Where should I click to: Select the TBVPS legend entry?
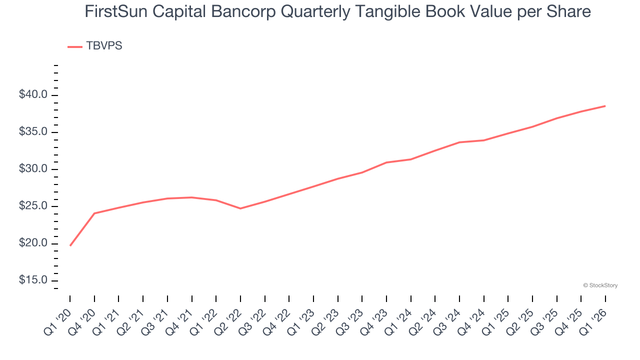pos(95,46)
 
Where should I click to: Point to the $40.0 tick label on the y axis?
pos(33,95)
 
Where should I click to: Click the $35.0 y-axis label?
pos(33,132)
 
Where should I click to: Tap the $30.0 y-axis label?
pos(33,169)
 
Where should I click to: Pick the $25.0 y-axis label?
pos(33,206)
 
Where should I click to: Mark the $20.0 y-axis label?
pos(33,243)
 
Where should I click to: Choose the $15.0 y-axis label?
pos(33,280)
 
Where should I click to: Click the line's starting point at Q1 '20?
pos(70,245)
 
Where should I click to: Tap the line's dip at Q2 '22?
pos(240,208)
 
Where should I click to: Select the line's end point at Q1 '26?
pos(605,106)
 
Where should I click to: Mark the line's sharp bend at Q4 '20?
pos(94,213)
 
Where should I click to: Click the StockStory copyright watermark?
pos(600,285)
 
